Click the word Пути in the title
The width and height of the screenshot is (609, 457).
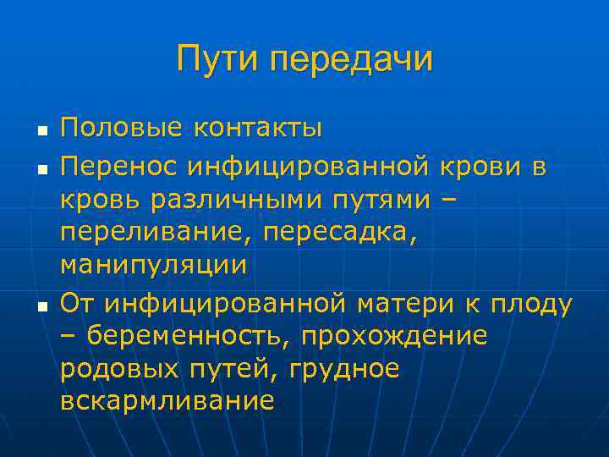coord(220,59)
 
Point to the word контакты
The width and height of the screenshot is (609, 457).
coord(258,129)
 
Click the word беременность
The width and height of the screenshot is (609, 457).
coord(190,335)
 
